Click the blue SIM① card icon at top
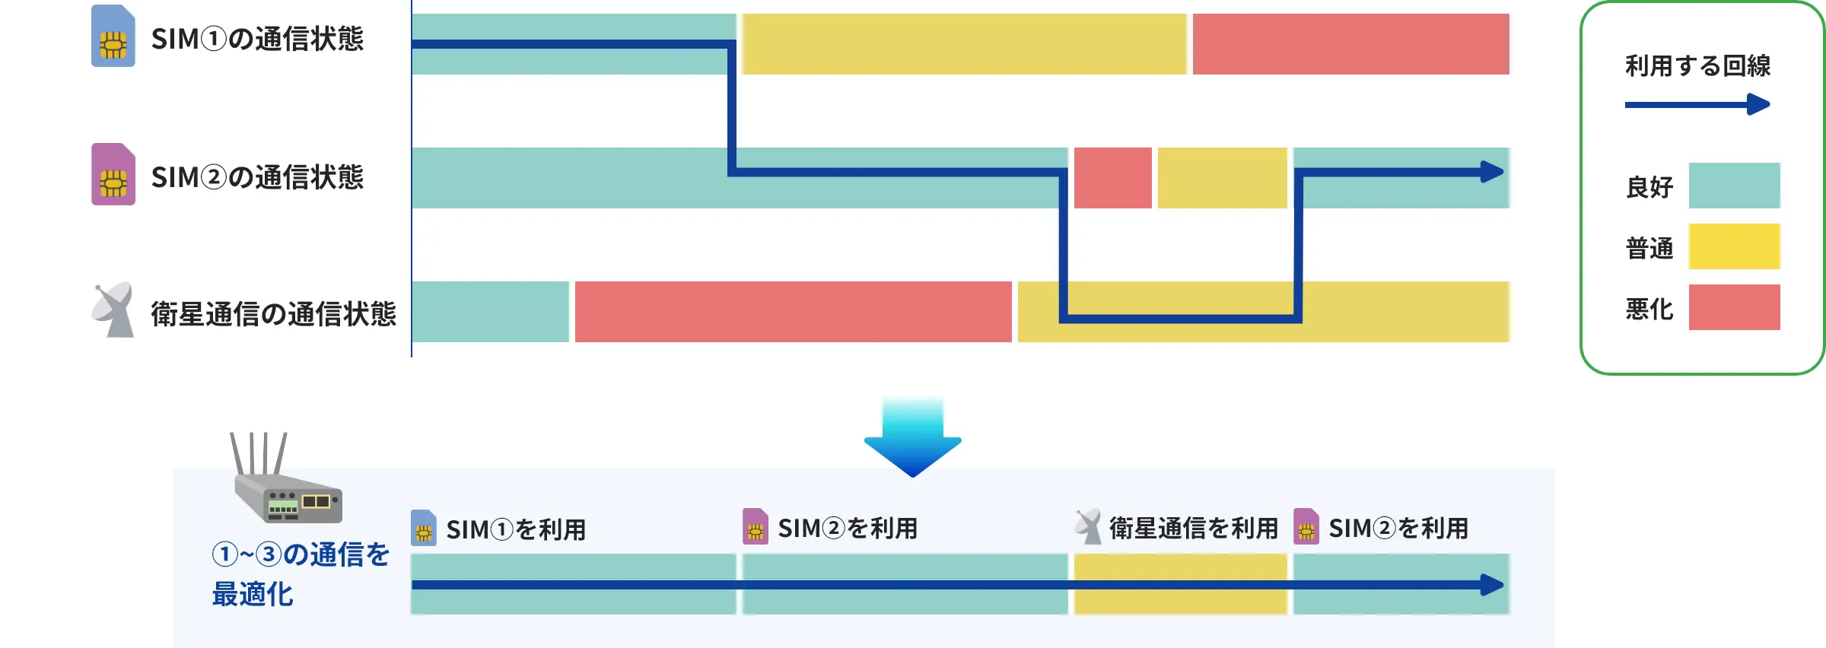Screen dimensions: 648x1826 (113, 37)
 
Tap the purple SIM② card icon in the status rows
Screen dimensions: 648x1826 (113, 174)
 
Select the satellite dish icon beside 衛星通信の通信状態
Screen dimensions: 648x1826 (113, 310)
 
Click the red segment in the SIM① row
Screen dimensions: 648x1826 (1350, 44)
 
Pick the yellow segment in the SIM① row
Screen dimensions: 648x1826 (964, 44)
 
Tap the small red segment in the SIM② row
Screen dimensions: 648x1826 (1112, 178)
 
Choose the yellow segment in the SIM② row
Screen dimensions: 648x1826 (1222, 178)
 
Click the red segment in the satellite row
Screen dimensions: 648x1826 (793, 312)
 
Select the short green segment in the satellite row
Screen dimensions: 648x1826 (490, 312)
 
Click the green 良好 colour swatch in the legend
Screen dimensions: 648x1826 (1734, 186)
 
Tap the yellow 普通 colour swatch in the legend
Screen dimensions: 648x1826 (1734, 246)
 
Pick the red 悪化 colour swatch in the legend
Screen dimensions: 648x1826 (1734, 307)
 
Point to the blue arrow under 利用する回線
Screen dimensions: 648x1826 (1697, 104)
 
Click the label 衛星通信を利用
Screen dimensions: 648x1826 (1193, 528)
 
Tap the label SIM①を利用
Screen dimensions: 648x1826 (515, 529)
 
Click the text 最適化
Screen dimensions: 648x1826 (253, 594)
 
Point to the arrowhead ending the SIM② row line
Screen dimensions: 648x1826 (1493, 172)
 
